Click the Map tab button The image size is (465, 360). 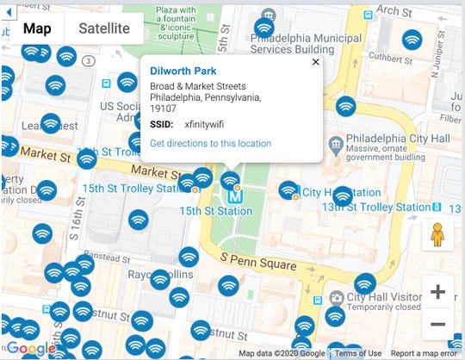tap(37, 28)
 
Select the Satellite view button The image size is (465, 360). tap(104, 28)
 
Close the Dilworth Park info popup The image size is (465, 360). tap(315, 61)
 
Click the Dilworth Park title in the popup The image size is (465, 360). tap(183, 71)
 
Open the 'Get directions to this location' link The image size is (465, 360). tap(210, 143)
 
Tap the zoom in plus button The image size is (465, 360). tap(437, 292)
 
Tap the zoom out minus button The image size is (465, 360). tap(437, 324)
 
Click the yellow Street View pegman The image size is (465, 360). tap(437, 234)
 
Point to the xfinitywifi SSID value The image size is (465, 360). tap(203, 125)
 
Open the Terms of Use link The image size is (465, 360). tap(357, 353)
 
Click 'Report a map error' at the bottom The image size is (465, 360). tap(425, 353)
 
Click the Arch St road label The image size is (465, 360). tap(394, 10)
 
